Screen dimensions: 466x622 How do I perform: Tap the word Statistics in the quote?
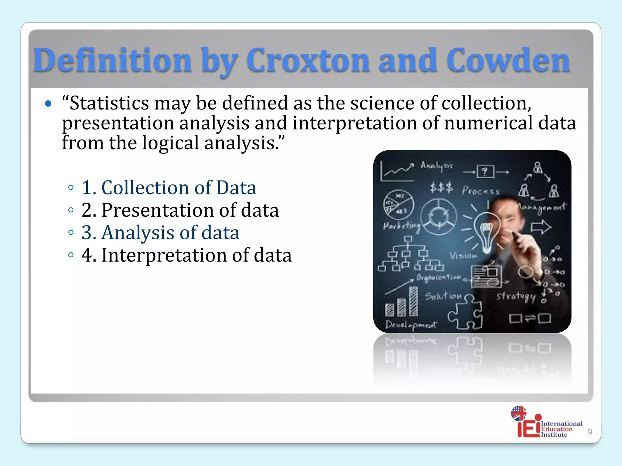(x=109, y=103)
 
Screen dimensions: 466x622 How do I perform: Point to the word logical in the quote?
(x=170, y=143)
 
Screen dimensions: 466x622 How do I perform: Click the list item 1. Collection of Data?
(x=169, y=187)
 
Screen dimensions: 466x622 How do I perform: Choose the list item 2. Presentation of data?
(x=180, y=210)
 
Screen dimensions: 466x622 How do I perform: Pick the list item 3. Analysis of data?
(x=160, y=233)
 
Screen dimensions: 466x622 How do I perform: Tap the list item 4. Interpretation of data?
(x=186, y=255)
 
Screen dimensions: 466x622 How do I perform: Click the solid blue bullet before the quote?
(x=48, y=104)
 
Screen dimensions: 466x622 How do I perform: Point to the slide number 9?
(x=590, y=432)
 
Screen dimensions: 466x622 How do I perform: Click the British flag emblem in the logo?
(x=518, y=413)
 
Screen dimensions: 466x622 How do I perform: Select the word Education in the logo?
(x=557, y=429)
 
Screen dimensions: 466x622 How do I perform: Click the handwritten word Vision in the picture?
(x=463, y=255)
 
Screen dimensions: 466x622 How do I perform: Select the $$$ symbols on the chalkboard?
(x=441, y=187)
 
